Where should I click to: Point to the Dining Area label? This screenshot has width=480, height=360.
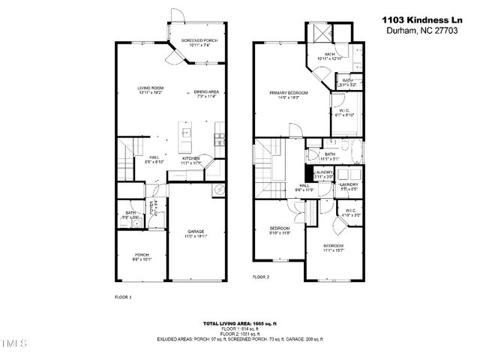click(205, 93)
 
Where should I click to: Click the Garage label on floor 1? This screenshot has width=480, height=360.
click(196, 233)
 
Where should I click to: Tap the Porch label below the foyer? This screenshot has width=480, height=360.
click(141, 257)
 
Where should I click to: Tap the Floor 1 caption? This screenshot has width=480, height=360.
click(122, 297)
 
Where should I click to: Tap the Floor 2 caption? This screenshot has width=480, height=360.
click(261, 277)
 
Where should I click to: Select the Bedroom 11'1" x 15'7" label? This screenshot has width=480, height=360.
click(334, 247)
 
